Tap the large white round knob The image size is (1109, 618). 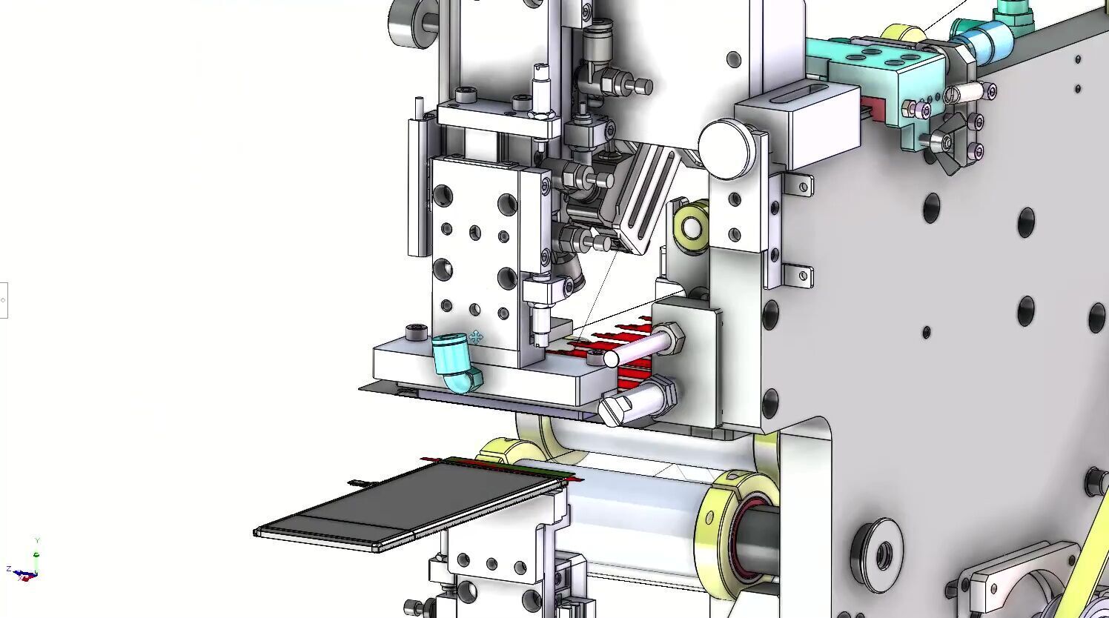726,149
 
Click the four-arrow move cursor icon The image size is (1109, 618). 476,338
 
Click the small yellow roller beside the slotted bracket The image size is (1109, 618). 690,226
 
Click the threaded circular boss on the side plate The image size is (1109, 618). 881,552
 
